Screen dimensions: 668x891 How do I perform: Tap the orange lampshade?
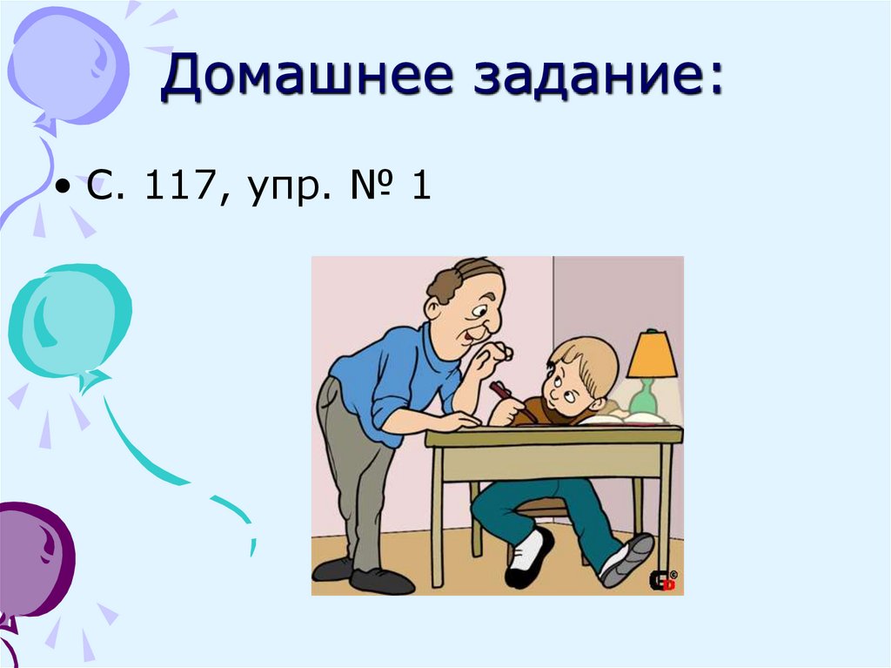(652, 354)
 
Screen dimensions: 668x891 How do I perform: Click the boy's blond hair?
(591, 357)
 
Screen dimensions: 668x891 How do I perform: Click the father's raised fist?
(493, 356)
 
